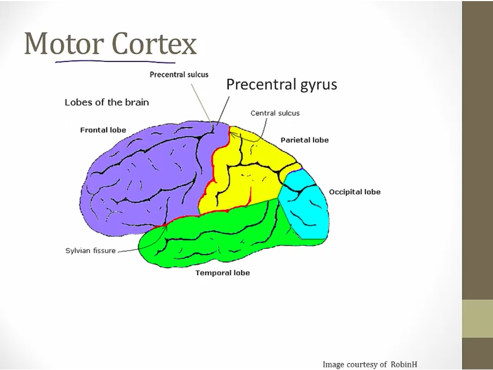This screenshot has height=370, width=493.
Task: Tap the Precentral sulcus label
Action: (x=179, y=75)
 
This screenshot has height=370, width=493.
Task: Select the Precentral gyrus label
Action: (x=282, y=84)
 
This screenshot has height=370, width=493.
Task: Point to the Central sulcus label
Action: (x=275, y=113)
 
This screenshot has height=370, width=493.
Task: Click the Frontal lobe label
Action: (x=103, y=130)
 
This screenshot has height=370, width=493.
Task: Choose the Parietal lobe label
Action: (x=305, y=140)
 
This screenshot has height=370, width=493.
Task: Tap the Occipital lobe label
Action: (x=354, y=192)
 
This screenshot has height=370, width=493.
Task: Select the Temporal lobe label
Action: (x=222, y=272)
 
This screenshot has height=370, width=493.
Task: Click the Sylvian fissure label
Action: (x=90, y=251)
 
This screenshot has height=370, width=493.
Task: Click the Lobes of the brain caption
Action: (x=107, y=102)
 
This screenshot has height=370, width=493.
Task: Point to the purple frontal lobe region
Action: (x=142, y=175)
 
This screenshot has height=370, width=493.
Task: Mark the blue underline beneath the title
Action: (x=115, y=61)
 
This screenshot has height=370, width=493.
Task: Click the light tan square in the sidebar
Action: (x=477, y=318)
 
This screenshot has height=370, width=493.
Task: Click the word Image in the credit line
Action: (x=334, y=364)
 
